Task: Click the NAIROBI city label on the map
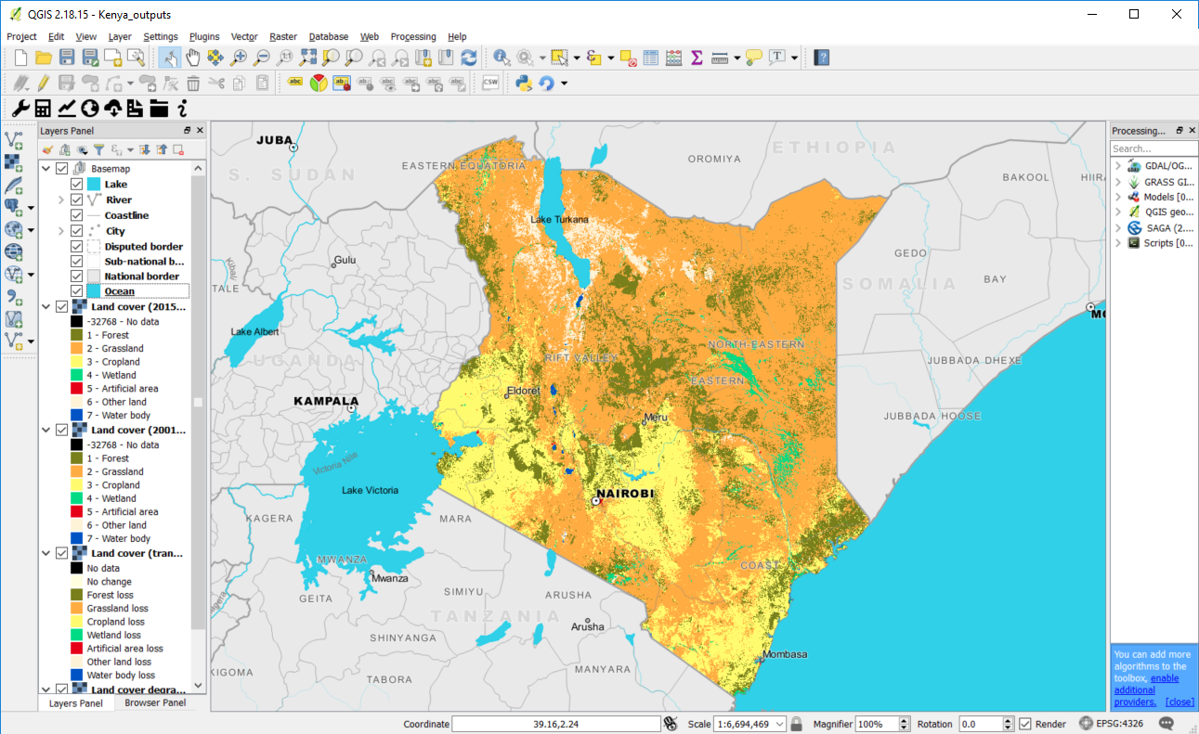coord(626,493)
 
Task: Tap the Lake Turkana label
coord(559,220)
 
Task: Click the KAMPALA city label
coord(325,401)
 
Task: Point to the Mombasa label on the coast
coord(785,654)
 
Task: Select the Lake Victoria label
coord(370,490)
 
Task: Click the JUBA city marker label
coord(274,140)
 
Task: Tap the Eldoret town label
coord(523,391)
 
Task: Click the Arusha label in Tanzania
coord(587,626)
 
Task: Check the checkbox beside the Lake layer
coord(77,185)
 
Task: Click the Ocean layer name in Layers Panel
coord(119,291)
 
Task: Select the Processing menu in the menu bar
coord(412,36)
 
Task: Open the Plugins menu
coord(204,36)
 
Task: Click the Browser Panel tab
coord(155,702)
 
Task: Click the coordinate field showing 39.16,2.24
coord(557,724)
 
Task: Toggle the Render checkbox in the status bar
coord(1025,724)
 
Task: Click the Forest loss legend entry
coord(110,595)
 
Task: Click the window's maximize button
coord(1134,14)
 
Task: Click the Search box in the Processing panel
coord(1152,148)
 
